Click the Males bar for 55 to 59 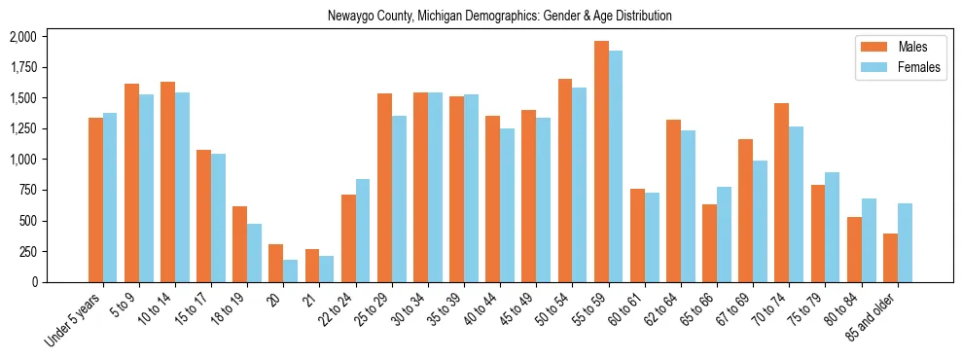601,162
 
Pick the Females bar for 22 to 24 363,231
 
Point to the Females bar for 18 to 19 254,253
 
